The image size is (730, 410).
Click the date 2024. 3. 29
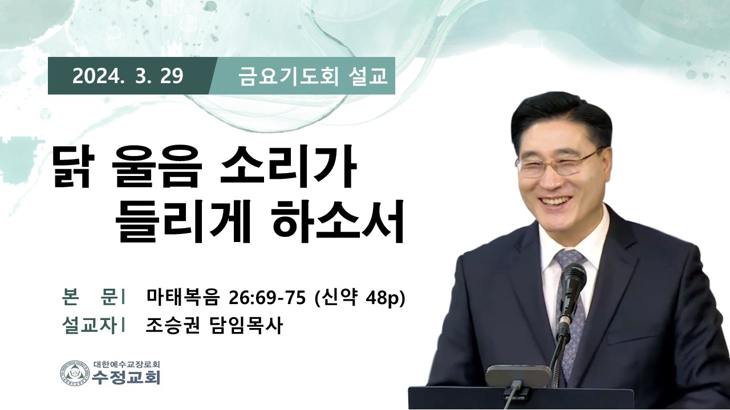pos(128,76)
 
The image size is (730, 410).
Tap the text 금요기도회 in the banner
pos(288,76)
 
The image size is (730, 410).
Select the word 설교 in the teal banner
pos(368,76)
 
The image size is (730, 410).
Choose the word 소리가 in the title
pos(287,169)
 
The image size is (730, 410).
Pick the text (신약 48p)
pos(360,297)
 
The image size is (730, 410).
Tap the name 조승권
pos(172,325)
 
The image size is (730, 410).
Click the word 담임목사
pos(245,325)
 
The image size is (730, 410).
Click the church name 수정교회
pos(127,378)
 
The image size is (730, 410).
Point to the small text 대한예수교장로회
pos(127,364)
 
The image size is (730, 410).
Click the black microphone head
pos(573,283)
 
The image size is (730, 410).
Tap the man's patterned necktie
pos(570,309)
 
